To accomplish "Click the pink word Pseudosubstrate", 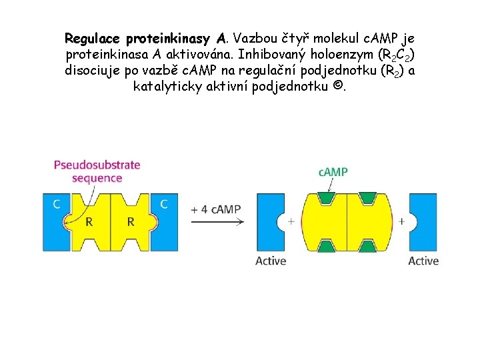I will (x=97, y=165).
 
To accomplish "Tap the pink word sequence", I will (x=97, y=178).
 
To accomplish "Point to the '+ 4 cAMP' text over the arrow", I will (x=215, y=209).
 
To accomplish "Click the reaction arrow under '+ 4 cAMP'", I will (x=216, y=221).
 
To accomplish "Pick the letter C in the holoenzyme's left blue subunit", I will (x=57, y=204).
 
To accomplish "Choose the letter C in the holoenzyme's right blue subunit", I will (x=164, y=204).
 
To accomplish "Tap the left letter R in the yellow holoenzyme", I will (x=89, y=221).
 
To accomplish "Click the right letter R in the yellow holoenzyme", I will (x=131, y=221).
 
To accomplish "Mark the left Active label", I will (x=271, y=261).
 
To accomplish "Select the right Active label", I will (x=423, y=261).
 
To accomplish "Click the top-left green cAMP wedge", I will (x=325, y=198).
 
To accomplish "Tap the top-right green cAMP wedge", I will (x=367, y=198).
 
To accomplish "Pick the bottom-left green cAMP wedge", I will (x=325, y=247).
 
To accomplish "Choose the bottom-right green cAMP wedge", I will (x=367, y=247).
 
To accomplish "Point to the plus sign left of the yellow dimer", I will (x=291, y=221).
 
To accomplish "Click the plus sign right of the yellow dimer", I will (x=403, y=221).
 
